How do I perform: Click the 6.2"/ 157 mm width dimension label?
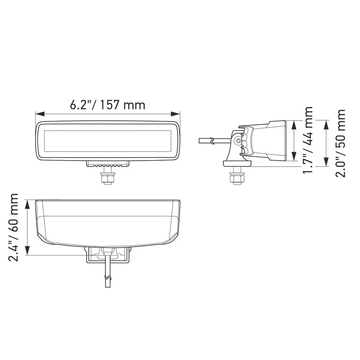click(108, 105)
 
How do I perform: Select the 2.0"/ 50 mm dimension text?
click(340, 143)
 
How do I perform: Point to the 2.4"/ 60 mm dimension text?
click(15, 227)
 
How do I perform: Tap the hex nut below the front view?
click(108, 179)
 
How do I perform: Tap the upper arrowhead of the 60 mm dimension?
click(27, 203)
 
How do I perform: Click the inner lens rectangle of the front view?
click(108, 140)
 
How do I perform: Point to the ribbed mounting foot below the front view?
click(108, 164)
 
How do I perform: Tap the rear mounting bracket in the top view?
click(108, 255)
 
